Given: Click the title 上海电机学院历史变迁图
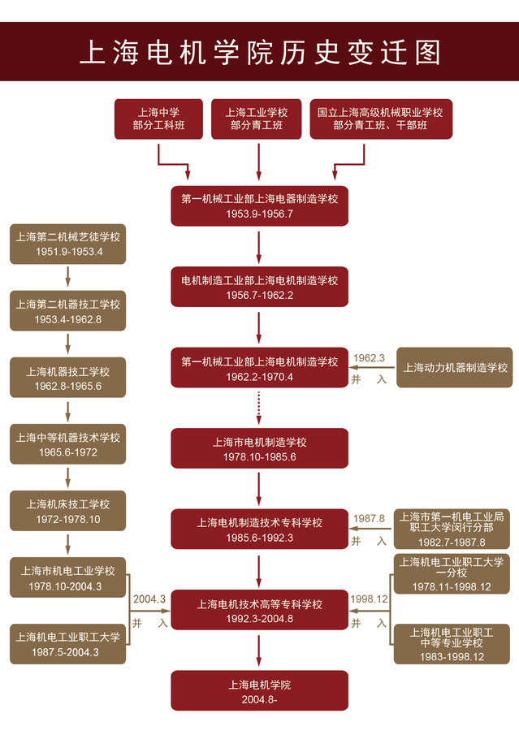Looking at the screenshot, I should [x=259, y=52].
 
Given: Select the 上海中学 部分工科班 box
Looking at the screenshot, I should [x=158, y=119].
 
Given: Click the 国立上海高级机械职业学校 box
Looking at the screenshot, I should [x=380, y=119].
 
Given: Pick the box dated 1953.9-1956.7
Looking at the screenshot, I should [x=259, y=205].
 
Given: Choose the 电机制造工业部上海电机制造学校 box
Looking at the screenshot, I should [x=259, y=287].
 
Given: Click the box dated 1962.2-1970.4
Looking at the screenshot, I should [x=259, y=368].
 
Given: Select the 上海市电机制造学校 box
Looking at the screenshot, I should [x=259, y=449].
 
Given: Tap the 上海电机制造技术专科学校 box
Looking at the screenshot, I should [x=259, y=530].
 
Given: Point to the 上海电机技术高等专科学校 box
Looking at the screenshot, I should [x=259, y=611].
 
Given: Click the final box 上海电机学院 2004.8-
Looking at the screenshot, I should [x=259, y=691].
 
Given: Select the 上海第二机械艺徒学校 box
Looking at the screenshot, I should [x=68, y=244].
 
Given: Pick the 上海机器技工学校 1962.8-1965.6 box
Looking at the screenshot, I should [x=68, y=378].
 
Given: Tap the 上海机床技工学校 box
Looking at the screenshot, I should [x=68, y=511].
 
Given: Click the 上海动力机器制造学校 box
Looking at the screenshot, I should [x=455, y=367].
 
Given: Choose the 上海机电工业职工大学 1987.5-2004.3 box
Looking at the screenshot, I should [x=68, y=644].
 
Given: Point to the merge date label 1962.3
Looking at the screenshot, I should [x=370, y=357].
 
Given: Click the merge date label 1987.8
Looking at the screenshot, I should [x=370, y=518].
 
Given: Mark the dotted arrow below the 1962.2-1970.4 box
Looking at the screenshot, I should [x=259, y=404].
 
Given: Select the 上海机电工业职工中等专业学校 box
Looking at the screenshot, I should [x=454, y=644].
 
